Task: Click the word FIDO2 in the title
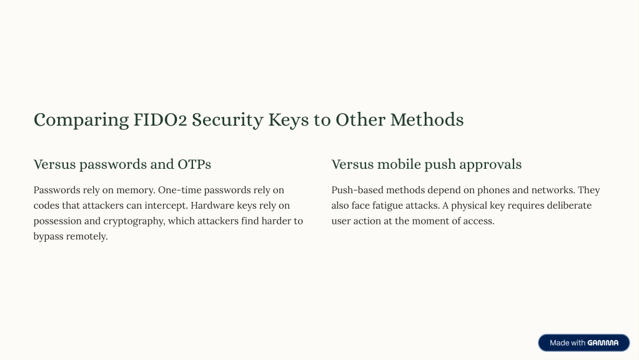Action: click(160, 120)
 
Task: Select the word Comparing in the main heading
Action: click(81, 121)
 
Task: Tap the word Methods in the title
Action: click(427, 120)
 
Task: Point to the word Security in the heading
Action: click(227, 121)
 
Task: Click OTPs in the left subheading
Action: click(194, 164)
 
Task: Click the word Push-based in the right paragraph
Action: click(357, 190)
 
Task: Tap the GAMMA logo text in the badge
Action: click(603, 343)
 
